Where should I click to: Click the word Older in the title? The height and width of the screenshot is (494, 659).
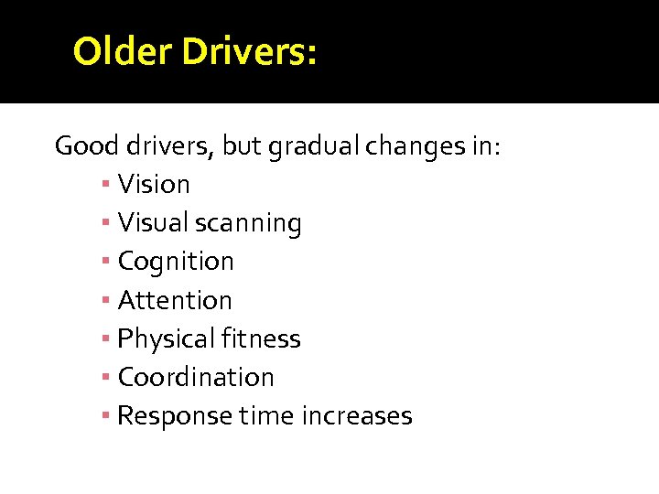pos(123,52)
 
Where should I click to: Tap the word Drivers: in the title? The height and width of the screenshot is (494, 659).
pos(249,52)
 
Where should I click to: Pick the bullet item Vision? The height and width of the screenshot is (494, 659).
pos(154,185)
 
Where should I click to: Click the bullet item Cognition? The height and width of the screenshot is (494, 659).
pos(176,262)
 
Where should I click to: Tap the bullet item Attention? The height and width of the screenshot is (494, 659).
pos(175,300)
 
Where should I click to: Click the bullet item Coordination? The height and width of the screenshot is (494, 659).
pos(196,377)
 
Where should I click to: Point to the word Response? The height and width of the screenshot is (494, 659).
pos(175,416)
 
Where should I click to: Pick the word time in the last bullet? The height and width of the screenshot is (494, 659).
pos(264,415)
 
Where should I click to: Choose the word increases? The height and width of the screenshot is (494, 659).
pos(353,416)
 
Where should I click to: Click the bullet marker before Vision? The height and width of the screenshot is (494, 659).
pos(107,185)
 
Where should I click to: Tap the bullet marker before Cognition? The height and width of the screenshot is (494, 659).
pos(107,262)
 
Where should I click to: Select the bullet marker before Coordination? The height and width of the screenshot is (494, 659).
pos(107,377)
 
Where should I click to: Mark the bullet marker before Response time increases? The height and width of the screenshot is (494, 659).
pos(107,416)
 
